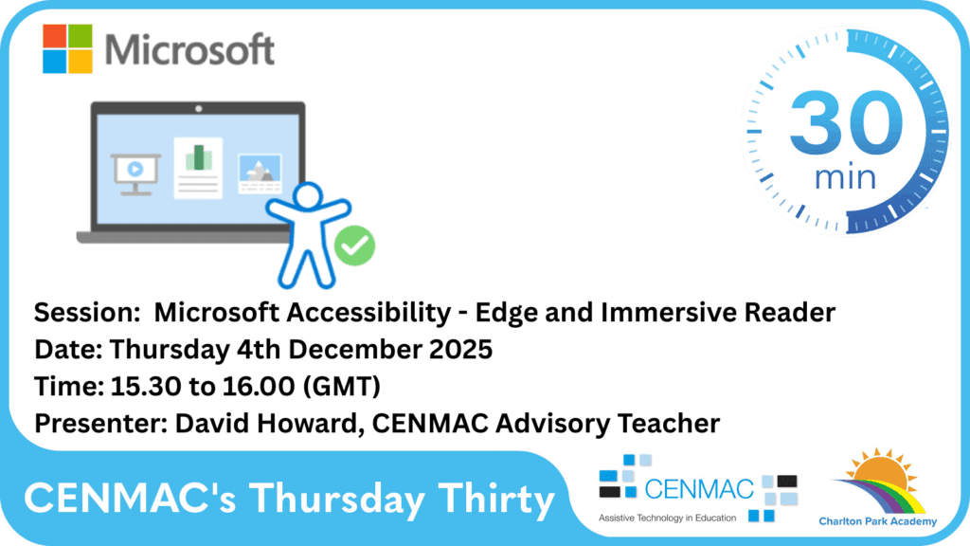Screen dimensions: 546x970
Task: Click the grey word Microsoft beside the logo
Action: pyautogui.click(x=189, y=49)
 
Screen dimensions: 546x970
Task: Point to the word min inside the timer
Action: pyautogui.click(x=845, y=177)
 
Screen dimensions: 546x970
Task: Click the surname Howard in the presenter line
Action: pyautogui.click(x=309, y=423)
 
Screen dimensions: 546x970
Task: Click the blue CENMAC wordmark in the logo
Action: pyautogui.click(x=699, y=489)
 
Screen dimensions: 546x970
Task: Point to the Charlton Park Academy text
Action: pyautogui.click(x=877, y=521)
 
